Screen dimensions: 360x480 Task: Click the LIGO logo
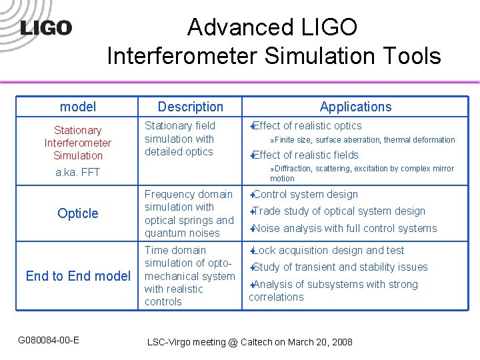pyautogui.click(x=45, y=28)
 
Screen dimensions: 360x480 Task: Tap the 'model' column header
pyautogui.click(x=78, y=107)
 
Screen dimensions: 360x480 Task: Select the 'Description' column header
pyautogui.click(x=190, y=107)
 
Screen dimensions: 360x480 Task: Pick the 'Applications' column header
pyautogui.click(x=355, y=107)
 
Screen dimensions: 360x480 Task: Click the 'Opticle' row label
pyautogui.click(x=78, y=213)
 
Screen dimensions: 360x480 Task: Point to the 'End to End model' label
pyautogui.click(x=78, y=275)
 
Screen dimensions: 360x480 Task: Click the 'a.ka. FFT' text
pyautogui.click(x=78, y=171)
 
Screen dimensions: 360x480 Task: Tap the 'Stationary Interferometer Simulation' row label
pyautogui.click(x=78, y=143)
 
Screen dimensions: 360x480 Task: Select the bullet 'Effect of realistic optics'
pyautogui.click(x=307, y=125)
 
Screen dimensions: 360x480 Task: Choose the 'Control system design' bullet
pyautogui.click(x=305, y=195)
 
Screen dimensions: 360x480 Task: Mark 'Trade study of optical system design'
pyautogui.click(x=338, y=211)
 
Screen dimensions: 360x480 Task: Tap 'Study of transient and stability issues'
pyautogui.click(x=339, y=267)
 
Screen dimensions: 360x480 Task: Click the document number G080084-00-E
pyautogui.click(x=49, y=341)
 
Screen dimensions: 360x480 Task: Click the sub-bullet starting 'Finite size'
pyautogui.click(x=364, y=140)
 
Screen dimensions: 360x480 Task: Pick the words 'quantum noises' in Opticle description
pyautogui.click(x=182, y=233)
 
